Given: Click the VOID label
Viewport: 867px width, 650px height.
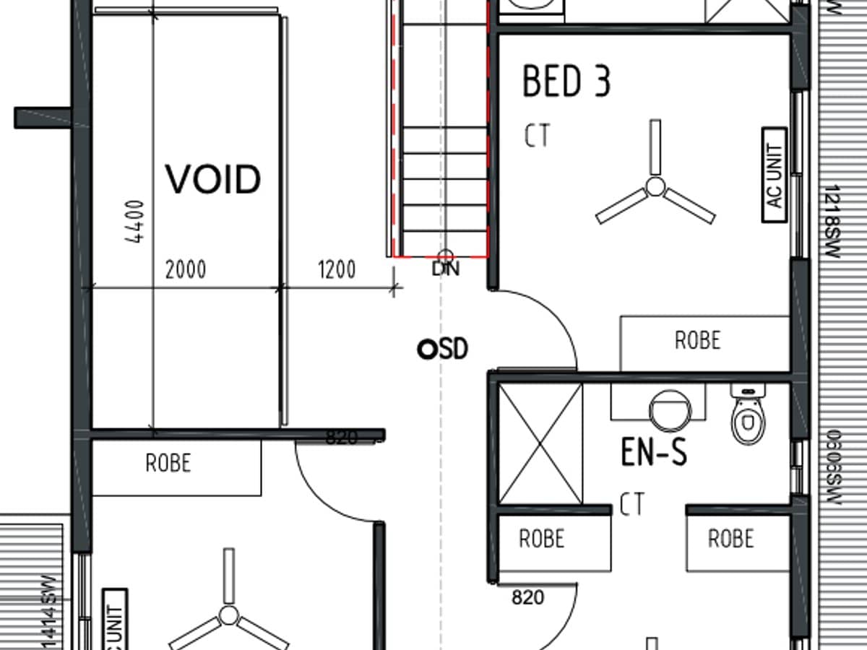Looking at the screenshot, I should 213,179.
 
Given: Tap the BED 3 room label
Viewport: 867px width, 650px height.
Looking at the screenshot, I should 566,81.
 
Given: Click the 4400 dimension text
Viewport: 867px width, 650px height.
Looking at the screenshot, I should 135,222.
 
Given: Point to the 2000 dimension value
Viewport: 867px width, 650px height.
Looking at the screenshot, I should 186,270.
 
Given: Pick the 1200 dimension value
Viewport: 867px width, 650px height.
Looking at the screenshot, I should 336,270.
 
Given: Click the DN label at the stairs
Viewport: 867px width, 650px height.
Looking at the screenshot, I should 446,269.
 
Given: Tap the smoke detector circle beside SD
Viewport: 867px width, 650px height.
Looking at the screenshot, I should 426,350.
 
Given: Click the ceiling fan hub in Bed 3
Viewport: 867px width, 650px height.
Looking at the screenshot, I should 655,186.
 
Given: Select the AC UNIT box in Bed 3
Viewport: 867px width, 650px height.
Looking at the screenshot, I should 775,175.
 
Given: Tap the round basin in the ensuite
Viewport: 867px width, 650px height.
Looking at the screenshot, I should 670,409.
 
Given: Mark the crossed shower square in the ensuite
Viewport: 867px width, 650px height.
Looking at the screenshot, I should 540,443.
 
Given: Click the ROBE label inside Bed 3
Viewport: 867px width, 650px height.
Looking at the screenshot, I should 697,340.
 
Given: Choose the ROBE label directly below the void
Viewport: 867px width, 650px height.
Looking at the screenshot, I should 168,463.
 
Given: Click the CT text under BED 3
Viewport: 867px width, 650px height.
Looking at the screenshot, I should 537,136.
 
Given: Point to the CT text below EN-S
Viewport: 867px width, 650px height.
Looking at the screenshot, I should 631,506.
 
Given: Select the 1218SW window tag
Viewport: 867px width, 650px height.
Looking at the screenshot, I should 832,222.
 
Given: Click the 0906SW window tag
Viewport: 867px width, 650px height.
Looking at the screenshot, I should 832,467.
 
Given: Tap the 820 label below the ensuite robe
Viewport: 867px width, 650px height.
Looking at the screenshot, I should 528,598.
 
